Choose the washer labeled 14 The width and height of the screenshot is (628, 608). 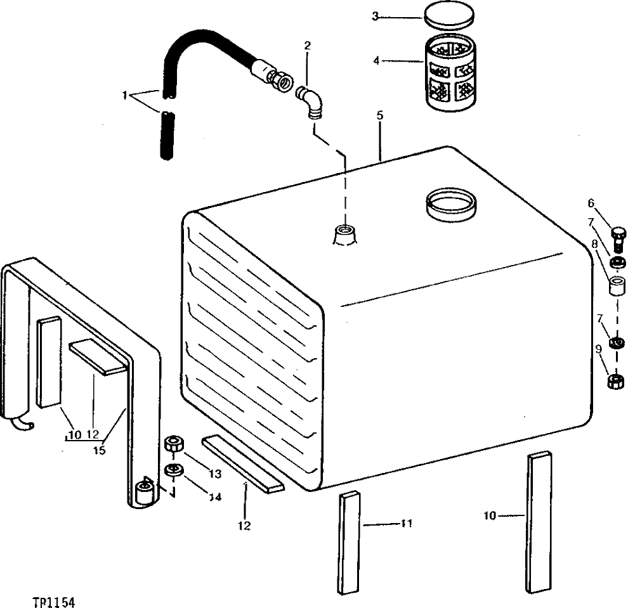(173, 470)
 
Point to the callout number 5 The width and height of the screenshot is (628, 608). (379, 116)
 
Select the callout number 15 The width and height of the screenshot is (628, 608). (98, 451)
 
